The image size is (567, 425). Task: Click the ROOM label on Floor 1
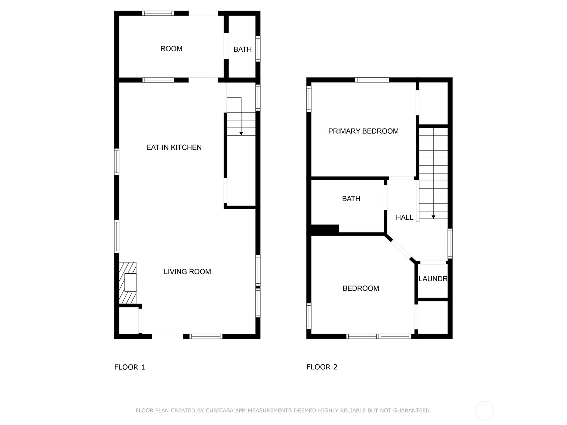click(x=171, y=49)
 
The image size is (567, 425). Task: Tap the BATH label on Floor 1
click(x=242, y=50)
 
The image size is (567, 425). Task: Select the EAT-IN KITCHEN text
click(x=174, y=147)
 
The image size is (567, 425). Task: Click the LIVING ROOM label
click(x=187, y=272)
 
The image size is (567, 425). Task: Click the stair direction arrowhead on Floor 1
click(x=241, y=134)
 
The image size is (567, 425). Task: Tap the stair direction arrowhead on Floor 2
click(x=433, y=217)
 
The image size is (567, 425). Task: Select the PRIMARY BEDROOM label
click(x=363, y=131)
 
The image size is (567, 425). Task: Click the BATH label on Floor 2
click(x=351, y=199)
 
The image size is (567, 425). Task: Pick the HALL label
click(x=404, y=217)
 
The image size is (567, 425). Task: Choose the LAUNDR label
click(x=433, y=279)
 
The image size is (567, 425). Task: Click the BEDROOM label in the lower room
click(x=360, y=288)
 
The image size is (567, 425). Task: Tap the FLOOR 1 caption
click(x=129, y=367)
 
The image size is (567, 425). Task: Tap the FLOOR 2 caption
click(x=322, y=367)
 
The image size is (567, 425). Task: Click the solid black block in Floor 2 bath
click(x=325, y=229)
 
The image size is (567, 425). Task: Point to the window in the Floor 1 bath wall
click(x=258, y=49)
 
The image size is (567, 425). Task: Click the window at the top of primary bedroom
click(x=372, y=80)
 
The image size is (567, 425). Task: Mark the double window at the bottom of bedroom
click(x=378, y=336)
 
